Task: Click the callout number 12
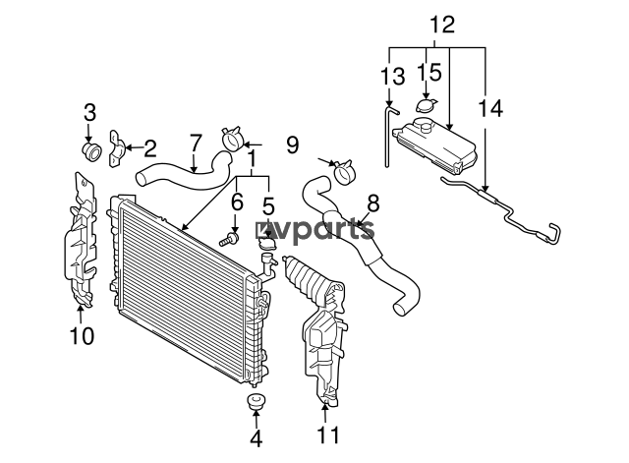pos(442,25)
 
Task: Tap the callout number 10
pos(82,336)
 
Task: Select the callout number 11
pos(328,434)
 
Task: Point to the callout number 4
pos(256,438)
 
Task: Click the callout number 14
pos(490,108)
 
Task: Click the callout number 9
pos(293,145)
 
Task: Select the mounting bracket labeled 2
pos(116,147)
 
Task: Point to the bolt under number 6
pos(229,239)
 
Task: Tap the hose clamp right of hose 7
pos(232,139)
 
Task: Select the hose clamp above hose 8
pos(343,171)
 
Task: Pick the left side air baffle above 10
pos(81,241)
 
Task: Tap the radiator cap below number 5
pos(266,243)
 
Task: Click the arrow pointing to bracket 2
pos(135,147)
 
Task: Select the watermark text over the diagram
pos(315,231)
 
